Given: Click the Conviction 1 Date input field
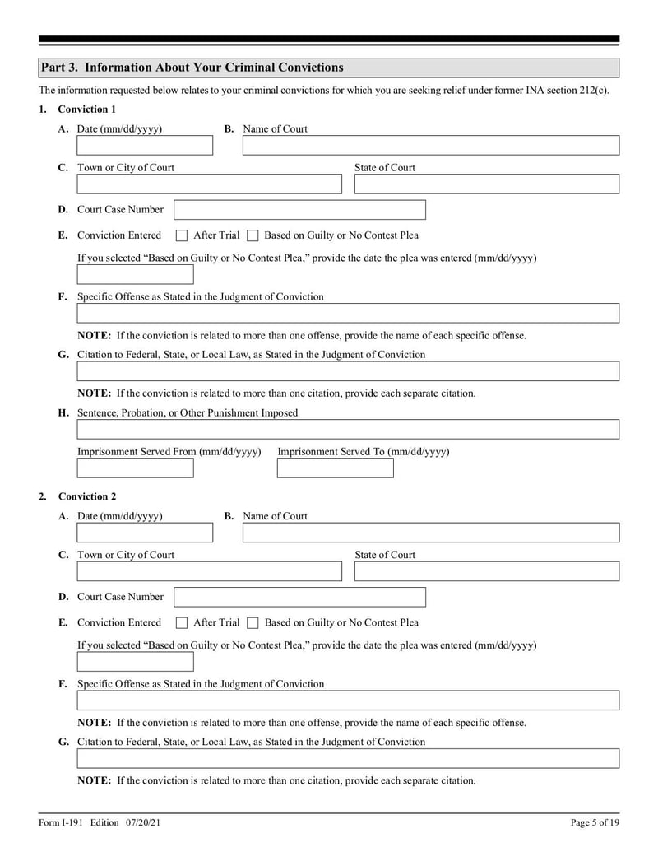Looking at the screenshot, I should click(145, 146).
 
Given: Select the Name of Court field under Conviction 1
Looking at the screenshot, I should click(431, 146).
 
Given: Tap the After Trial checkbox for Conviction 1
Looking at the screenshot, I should click(183, 235).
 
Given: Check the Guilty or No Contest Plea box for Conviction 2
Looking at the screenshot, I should click(253, 623).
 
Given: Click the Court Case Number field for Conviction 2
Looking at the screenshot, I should click(300, 597).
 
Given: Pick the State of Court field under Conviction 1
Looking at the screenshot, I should click(486, 184).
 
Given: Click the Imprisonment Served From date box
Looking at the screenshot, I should click(136, 468).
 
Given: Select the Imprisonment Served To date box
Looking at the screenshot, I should click(336, 468).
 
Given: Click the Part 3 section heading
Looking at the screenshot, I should click(192, 68).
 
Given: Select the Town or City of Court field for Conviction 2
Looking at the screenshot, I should click(210, 571).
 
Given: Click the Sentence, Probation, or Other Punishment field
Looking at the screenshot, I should click(348, 429).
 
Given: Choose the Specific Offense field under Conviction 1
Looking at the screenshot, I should click(348, 313).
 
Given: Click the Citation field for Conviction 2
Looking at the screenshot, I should click(348, 758).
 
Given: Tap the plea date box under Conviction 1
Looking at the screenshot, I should click(136, 274).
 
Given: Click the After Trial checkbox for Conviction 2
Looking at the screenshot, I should click(183, 623).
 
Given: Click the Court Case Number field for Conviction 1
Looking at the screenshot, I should click(300, 210).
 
